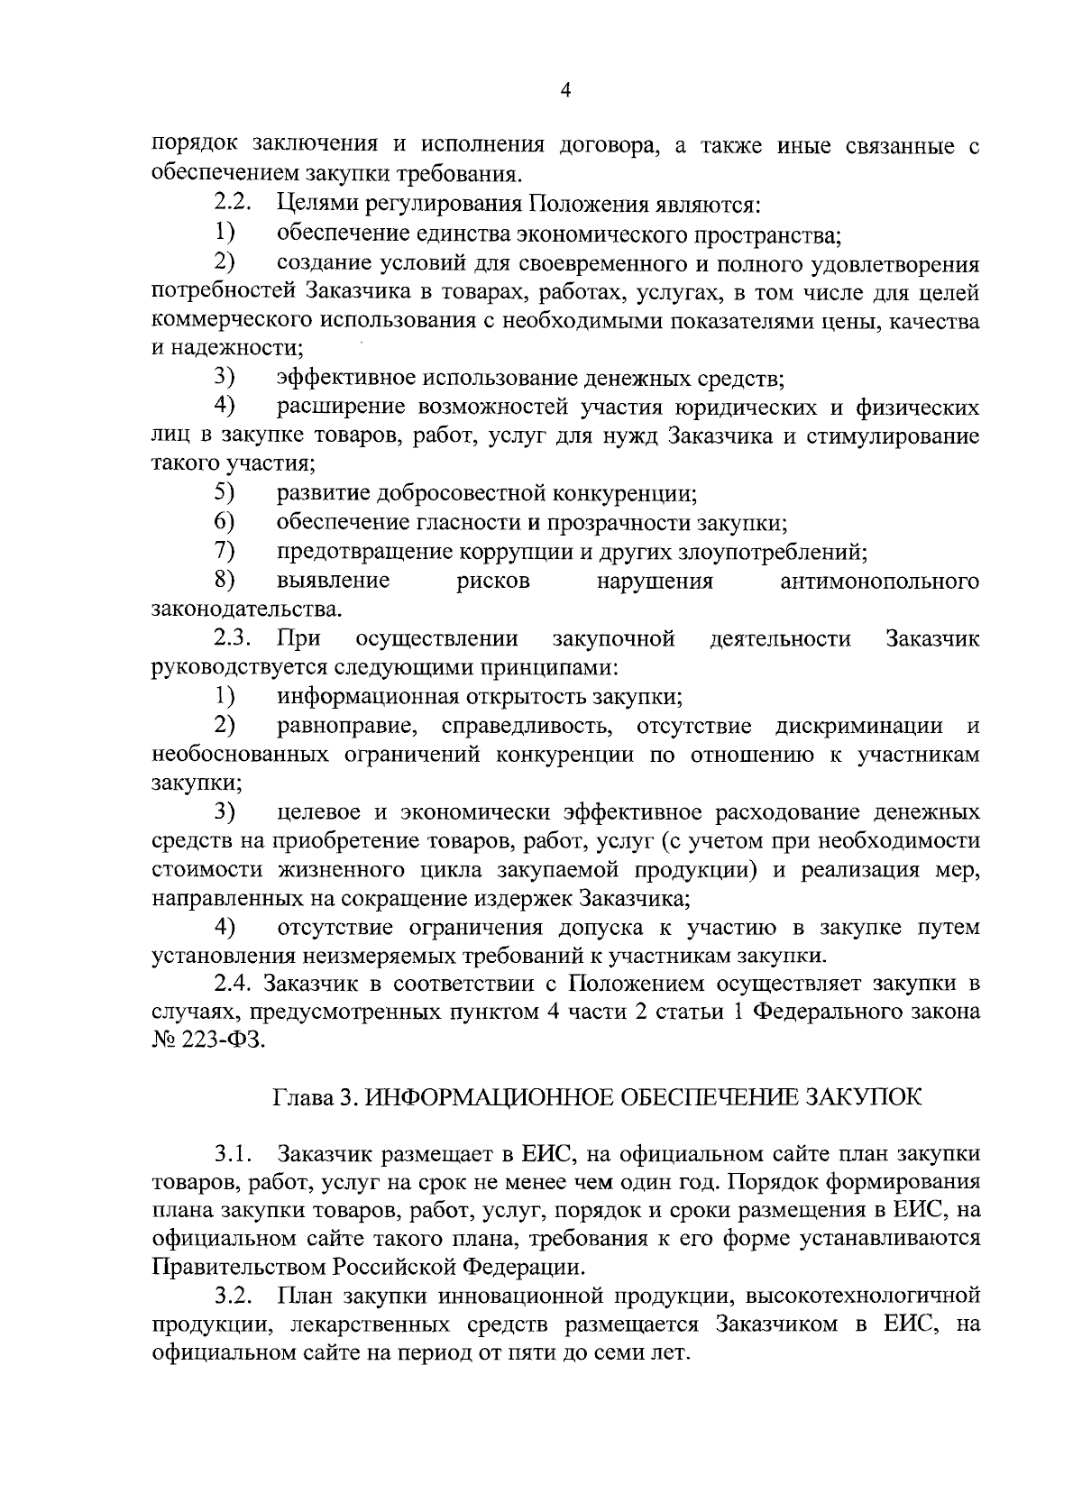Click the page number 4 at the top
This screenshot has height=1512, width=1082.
point(565,89)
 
